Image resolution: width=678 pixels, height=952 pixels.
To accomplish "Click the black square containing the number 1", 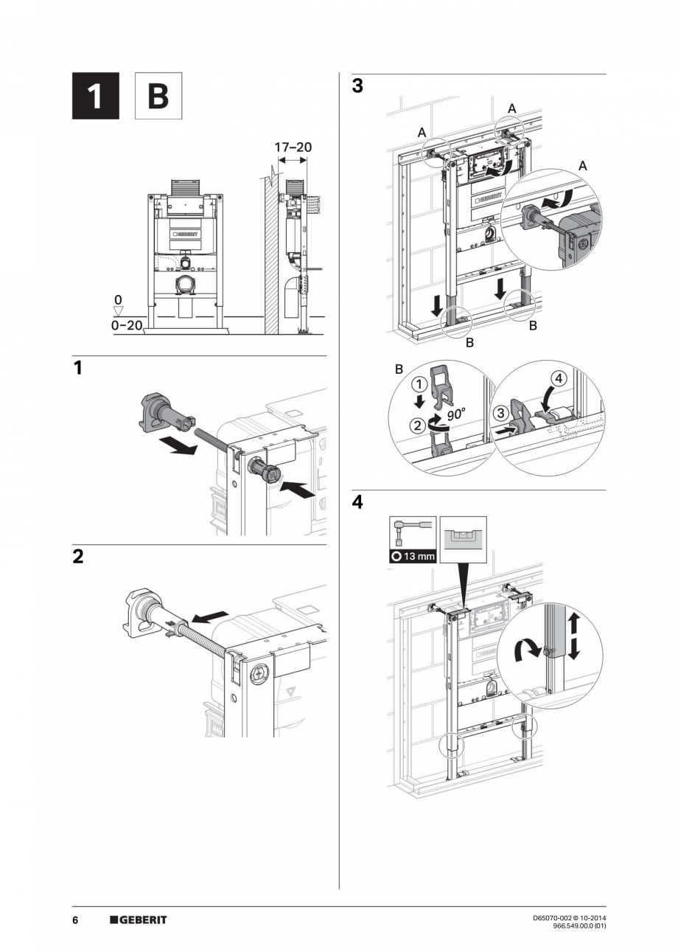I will click(95, 96).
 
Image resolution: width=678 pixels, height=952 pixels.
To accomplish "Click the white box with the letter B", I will click(158, 96).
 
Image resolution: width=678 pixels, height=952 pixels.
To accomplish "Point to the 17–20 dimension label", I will click(293, 147).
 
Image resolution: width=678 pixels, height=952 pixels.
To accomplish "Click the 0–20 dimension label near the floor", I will click(126, 325).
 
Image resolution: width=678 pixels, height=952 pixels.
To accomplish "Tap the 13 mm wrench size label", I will click(413, 556).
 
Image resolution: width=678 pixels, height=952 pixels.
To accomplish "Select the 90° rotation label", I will click(455, 414).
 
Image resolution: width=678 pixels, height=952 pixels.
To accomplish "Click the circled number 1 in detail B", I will click(418, 384).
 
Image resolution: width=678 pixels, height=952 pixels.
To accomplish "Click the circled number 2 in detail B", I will click(418, 424).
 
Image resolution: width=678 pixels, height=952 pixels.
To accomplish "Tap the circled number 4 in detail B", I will click(559, 378).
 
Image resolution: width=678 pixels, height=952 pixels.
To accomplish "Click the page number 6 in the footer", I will click(75, 920).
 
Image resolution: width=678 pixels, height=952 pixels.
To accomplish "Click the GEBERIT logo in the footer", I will click(139, 920).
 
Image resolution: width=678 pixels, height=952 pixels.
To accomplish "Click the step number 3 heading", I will click(357, 86).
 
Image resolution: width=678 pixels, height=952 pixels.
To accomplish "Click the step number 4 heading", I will click(357, 503).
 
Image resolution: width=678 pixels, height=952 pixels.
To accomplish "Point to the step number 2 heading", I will click(78, 557).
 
